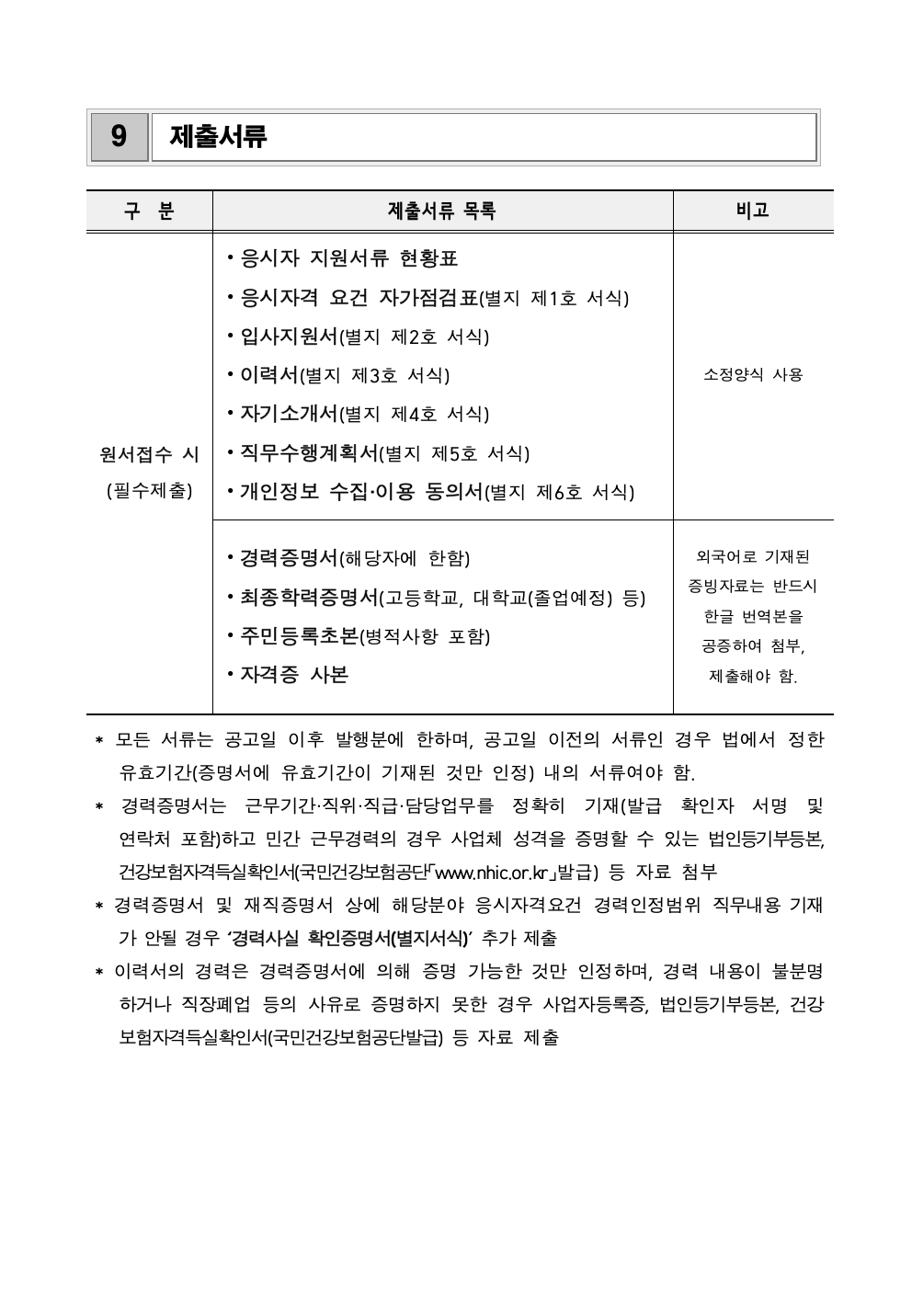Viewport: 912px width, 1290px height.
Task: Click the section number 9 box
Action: pos(119,137)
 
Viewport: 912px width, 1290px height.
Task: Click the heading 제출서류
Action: pos(219,137)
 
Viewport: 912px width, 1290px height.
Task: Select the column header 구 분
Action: pos(149,211)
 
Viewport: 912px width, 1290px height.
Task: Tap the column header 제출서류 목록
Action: pos(442,211)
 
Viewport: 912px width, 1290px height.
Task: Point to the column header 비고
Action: pos(752,211)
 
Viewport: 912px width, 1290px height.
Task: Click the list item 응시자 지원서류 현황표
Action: pos(348,258)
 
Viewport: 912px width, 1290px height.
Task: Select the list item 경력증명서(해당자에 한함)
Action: pos(348,558)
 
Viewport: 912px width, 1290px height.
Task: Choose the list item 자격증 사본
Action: pos(293,674)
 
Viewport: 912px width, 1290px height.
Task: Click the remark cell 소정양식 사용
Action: pos(752,375)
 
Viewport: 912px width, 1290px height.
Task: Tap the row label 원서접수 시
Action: pos(149,454)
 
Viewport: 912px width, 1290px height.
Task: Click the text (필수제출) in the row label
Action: pos(149,491)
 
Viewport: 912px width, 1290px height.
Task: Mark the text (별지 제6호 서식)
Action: pos(560,492)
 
